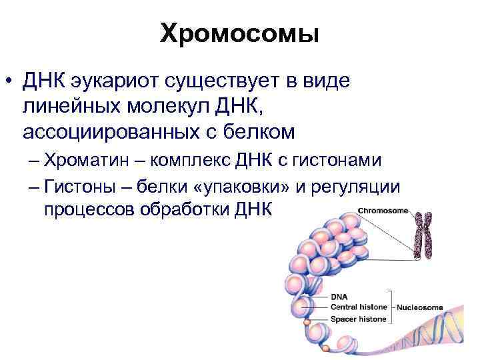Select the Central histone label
[x=360, y=307]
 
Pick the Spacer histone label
[x=359, y=319]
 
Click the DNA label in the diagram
[x=339, y=296]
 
